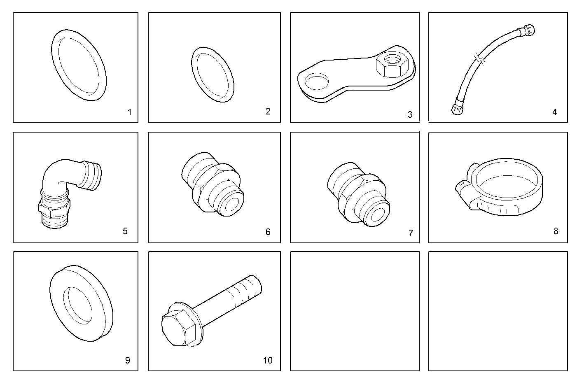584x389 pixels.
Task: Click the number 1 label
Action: (x=130, y=112)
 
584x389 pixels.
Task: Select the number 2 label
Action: (x=268, y=112)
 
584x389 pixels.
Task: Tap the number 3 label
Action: (x=410, y=114)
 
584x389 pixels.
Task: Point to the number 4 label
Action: (x=555, y=112)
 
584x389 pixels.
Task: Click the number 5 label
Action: (x=125, y=231)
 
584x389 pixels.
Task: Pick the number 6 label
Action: (x=268, y=232)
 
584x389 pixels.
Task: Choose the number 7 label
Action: (x=410, y=233)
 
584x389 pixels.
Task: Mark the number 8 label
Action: (x=556, y=231)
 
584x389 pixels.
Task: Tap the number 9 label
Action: (x=128, y=360)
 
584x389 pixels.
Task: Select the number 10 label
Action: (x=268, y=360)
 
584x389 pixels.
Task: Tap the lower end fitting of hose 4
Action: (x=457, y=109)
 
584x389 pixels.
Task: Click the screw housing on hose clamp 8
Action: (x=463, y=190)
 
